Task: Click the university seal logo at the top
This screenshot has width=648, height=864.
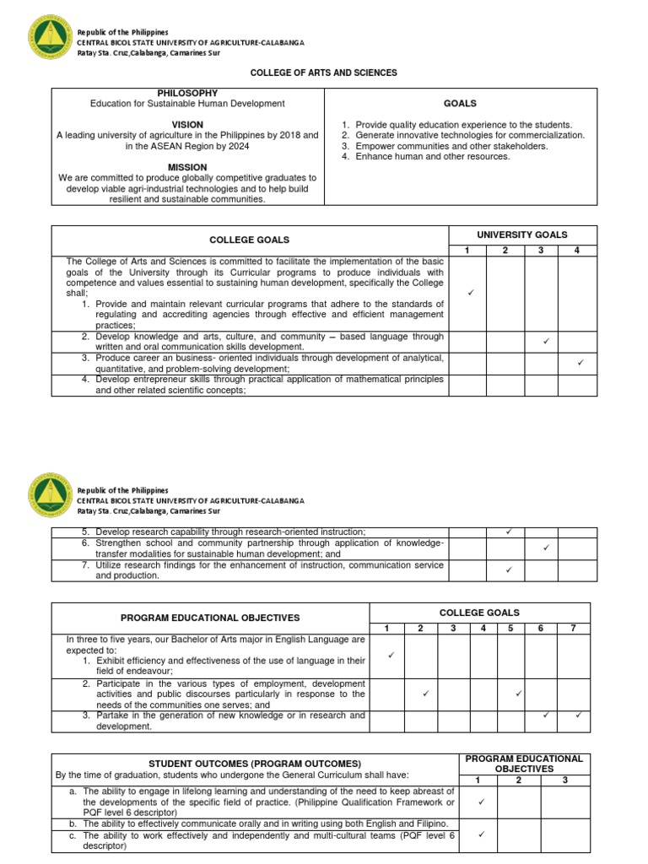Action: pyautogui.click(x=50, y=40)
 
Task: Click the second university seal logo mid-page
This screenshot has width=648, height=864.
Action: pyautogui.click(x=50, y=499)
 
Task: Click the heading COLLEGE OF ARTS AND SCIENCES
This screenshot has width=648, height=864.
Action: pyautogui.click(x=324, y=73)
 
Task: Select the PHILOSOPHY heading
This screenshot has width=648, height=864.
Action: pyautogui.click(x=187, y=93)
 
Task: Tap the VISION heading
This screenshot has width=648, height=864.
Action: pyautogui.click(x=187, y=125)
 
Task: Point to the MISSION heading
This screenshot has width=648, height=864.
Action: pyautogui.click(x=187, y=167)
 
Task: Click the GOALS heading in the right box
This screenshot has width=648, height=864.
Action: pyautogui.click(x=460, y=104)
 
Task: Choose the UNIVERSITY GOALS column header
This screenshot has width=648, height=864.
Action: pyautogui.click(x=522, y=235)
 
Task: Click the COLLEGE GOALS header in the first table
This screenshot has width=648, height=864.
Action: pyautogui.click(x=250, y=240)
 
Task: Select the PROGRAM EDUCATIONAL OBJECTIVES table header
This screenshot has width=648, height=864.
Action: pyautogui.click(x=209, y=618)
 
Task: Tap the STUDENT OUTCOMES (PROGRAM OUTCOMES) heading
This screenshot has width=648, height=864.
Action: pyautogui.click(x=250, y=764)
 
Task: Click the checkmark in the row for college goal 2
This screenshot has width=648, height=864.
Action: pyautogui.click(x=545, y=341)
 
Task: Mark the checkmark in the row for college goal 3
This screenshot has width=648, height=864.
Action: pyautogui.click(x=580, y=363)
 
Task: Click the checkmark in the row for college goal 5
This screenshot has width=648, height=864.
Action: pyautogui.click(x=508, y=532)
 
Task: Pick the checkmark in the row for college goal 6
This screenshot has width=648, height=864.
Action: pyautogui.click(x=545, y=548)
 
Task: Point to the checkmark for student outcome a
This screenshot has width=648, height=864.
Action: pyautogui.click(x=481, y=802)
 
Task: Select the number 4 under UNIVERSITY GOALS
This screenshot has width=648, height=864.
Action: pyautogui.click(x=577, y=250)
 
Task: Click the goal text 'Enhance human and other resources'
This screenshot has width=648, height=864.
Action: pyautogui.click(x=432, y=157)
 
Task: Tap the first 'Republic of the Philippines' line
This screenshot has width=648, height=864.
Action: pyautogui.click(x=122, y=32)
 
